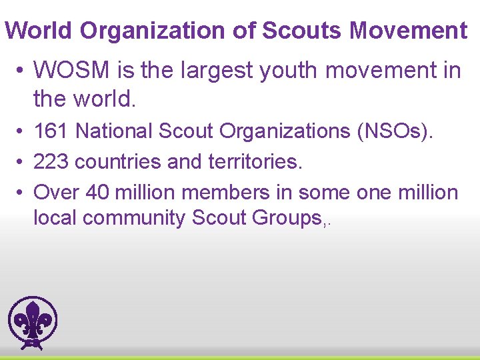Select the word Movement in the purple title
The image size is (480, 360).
(x=408, y=31)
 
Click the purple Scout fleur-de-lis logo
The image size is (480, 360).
(x=33, y=323)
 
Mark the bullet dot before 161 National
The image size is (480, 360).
(x=21, y=132)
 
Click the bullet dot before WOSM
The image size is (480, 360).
(x=21, y=70)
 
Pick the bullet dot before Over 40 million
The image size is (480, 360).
(x=21, y=193)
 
